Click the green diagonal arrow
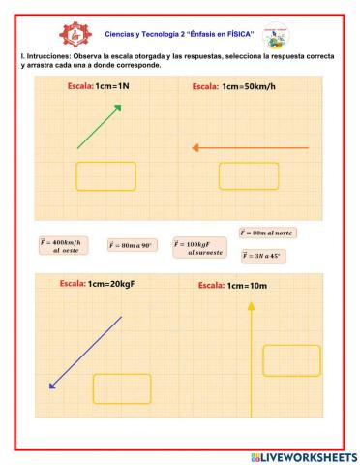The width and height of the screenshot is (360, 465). coord(99,126)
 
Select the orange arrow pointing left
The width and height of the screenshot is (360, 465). coord(250,147)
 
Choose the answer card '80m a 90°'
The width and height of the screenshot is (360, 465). coord(133,246)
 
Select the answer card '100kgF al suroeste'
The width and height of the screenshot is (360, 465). coord(199,248)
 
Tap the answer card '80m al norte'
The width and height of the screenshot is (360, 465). coord(267,233)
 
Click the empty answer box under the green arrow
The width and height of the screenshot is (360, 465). coord(105,176)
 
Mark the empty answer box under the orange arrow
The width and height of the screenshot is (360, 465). coord(248,176)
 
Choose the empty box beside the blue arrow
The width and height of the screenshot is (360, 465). coord(122,388)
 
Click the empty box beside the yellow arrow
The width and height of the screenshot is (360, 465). coord(291,360)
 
